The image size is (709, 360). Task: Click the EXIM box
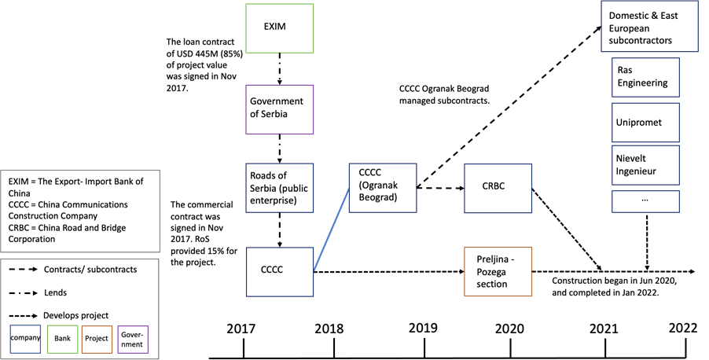point(280,28)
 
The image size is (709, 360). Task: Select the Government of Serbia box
point(280,109)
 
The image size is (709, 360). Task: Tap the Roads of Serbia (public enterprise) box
point(280,188)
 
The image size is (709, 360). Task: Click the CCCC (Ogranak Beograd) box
point(383,188)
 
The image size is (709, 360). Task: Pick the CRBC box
point(498,188)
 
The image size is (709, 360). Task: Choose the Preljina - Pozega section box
point(498,272)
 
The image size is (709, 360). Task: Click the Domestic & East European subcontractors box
point(649,27)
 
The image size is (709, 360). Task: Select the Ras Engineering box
point(645,77)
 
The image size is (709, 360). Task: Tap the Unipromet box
point(645,123)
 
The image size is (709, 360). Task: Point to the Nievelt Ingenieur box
point(645,165)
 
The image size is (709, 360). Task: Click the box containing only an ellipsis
point(645,200)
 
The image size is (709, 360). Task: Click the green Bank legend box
point(63,339)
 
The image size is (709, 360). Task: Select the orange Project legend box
point(97,339)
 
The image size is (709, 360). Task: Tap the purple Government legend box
point(132,339)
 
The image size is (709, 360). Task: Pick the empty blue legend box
point(25,339)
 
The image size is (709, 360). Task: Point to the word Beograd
point(378,198)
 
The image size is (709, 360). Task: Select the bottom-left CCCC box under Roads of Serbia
point(280,271)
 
